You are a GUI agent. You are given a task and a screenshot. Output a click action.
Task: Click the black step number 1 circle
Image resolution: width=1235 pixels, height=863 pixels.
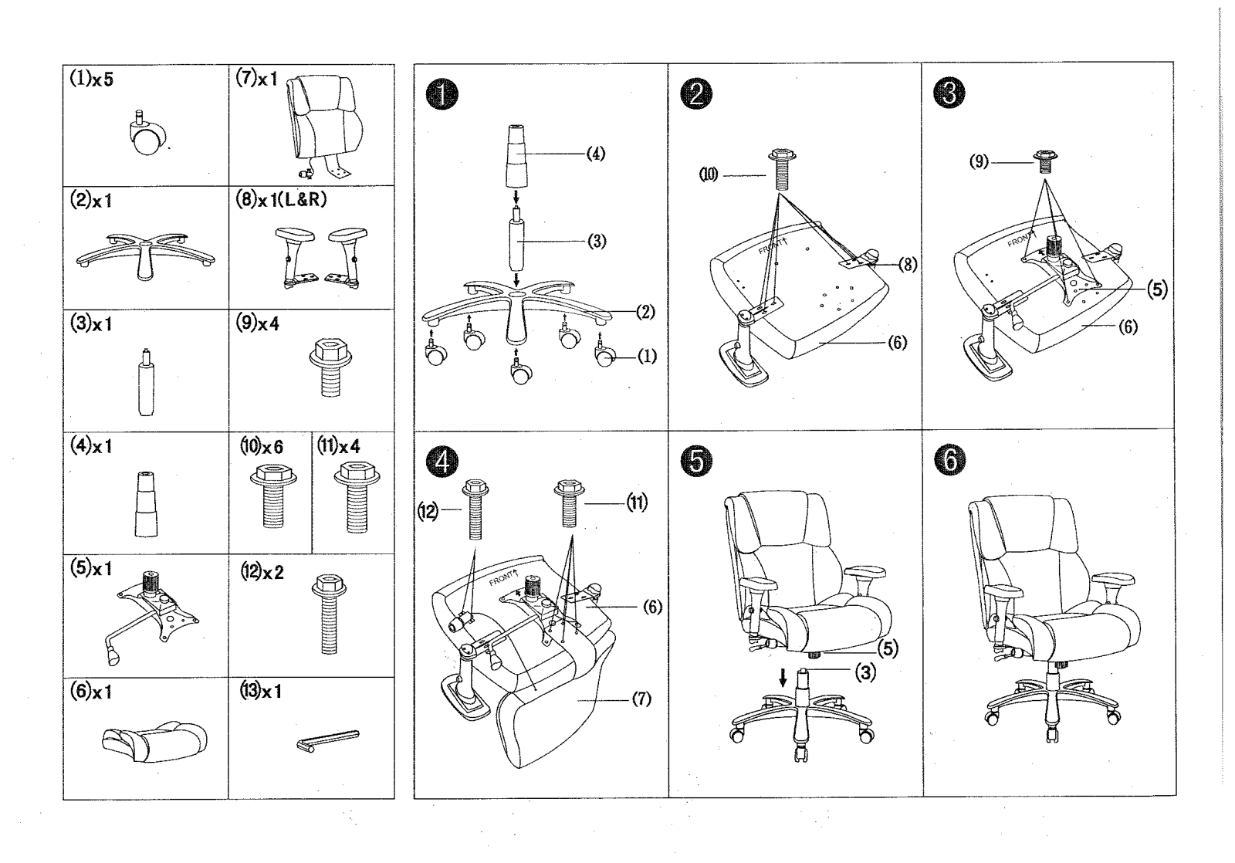pyautogui.click(x=442, y=95)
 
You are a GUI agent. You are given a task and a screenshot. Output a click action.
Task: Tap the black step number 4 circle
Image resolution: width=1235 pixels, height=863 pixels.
pyautogui.click(x=442, y=462)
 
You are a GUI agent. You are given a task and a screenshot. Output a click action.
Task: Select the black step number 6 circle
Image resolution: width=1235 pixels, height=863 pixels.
pyautogui.click(x=950, y=460)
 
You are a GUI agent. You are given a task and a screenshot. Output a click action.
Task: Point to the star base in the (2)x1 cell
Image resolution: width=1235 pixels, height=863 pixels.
pyautogui.click(x=145, y=256)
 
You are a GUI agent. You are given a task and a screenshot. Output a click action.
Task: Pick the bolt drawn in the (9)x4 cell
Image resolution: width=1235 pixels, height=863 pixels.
pyautogui.click(x=330, y=367)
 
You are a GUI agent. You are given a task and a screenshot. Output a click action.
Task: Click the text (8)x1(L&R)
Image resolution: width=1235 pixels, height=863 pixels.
pyautogui.click(x=281, y=199)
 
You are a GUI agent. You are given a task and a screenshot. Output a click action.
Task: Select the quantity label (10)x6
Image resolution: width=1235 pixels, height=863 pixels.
pyautogui.click(x=262, y=445)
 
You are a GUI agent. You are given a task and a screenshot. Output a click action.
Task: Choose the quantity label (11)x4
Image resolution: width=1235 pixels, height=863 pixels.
pyautogui.click(x=339, y=445)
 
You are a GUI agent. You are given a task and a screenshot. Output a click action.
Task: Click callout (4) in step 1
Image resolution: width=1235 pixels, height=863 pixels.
pyautogui.click(x=595, y=154)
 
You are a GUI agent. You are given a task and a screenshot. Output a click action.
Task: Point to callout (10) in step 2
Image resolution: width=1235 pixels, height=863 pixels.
pyautogui.click(x=709, y=175)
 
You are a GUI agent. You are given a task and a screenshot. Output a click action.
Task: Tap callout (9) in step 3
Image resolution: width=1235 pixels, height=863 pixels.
pyautogui.click(x=980, y=162)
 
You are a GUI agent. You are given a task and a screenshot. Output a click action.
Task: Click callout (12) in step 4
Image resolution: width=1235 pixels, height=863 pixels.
pyautogui.click(x=428, y=512)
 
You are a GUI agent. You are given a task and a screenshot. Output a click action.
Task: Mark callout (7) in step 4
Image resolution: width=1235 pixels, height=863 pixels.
pyautogui.click(x=641, y=699)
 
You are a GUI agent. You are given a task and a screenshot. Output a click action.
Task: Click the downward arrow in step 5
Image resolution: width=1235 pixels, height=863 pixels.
pyautogui.click(x=783, y=679)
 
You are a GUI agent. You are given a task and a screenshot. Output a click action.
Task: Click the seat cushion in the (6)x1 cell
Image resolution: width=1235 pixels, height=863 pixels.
pyautogui.click(x=155, y=742)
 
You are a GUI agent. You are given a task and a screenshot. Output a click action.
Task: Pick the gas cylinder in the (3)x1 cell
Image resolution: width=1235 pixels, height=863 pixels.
pyautogui.click(x=146, y=382)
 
